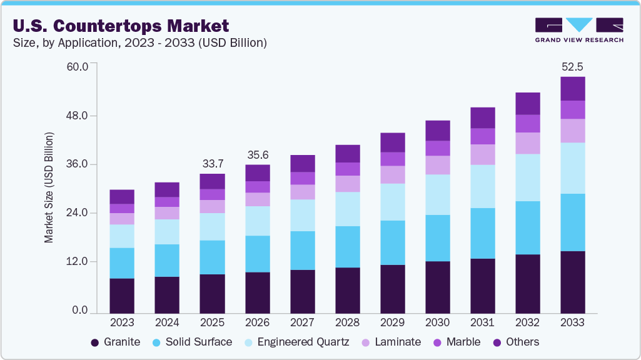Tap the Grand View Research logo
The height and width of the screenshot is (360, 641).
click(579, 30)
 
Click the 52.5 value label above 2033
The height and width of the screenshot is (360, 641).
click(572, 66)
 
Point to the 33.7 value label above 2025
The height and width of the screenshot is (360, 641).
click(212, 164)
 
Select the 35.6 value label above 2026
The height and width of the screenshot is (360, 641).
click(257, 154)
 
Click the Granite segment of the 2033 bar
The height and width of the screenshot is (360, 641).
click(572, 282)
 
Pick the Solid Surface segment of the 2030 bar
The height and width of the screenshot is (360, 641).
click(437, 238)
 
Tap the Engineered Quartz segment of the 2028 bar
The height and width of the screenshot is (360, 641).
click(347, 209)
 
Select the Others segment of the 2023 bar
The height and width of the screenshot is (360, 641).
click(122, 196)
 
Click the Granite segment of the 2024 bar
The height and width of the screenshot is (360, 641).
click(167, 294)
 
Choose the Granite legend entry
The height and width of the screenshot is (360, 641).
click(115, 342)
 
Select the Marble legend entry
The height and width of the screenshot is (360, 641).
click(456, 342)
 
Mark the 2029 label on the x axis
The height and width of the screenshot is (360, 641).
click(392, 322)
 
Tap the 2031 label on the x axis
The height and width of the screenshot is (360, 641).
click(482, 322)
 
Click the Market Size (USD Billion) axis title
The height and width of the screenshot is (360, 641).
click(49, 188)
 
